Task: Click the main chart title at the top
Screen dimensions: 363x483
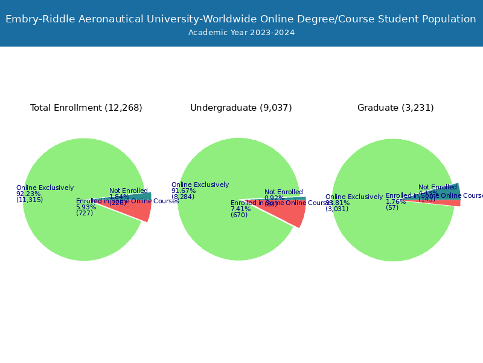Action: point(241,19)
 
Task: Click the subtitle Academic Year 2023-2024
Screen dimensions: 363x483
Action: point(241,33)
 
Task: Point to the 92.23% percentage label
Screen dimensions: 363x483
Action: point(28,194)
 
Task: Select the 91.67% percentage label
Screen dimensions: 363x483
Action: point(184,191)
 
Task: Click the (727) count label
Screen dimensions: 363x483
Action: point(85,214)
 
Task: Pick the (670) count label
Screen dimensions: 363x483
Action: point(239,215)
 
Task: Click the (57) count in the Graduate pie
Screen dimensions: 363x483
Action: point(392,208)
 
